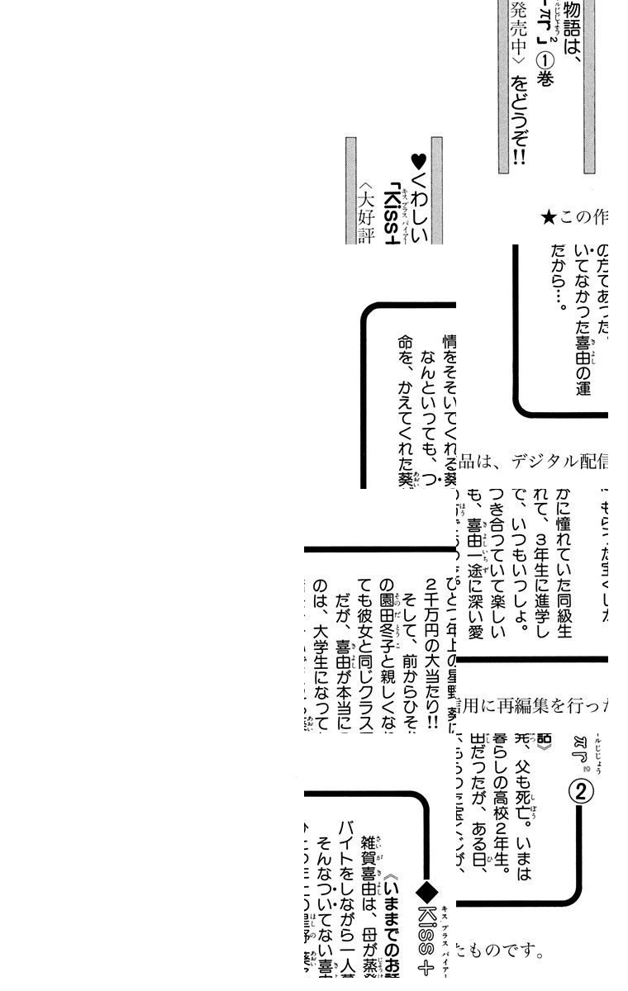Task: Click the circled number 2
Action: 582,792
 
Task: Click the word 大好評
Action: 366,217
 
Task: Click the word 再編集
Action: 522,705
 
